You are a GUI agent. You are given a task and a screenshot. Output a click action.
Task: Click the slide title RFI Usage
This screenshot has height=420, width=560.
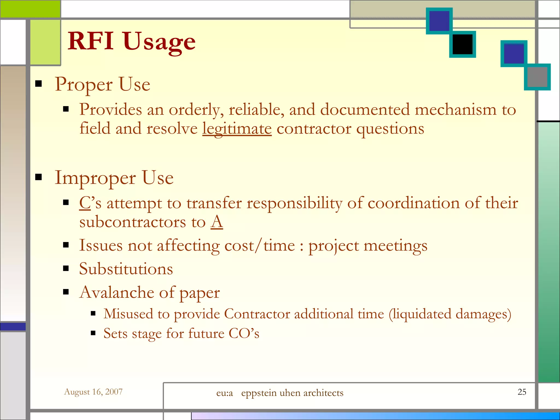pyautogui.click(x=132, y=42)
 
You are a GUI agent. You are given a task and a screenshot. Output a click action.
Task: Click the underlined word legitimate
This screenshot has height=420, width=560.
pyautogui.click(x=237, y=129)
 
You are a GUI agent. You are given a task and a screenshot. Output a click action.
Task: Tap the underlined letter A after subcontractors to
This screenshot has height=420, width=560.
pyautogui.click(x=217, y=222)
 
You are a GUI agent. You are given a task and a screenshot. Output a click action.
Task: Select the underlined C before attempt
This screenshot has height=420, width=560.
pyautogui.click(x=85, y=203)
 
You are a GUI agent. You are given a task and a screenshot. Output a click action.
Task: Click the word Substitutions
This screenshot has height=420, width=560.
pyautogui.click(x=126, y=269)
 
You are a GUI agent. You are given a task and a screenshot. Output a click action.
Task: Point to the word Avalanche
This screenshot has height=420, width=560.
pyautogui.click(x=116, y=292)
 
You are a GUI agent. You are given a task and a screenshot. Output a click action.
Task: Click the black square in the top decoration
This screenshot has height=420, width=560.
pyautogui.click(x=462, y=44)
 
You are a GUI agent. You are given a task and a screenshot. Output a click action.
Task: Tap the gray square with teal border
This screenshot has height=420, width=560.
pyautogui.click(x=537, y=77)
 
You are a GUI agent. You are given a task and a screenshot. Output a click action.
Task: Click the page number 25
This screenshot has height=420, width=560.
pyautogui.click(x=522, y=392)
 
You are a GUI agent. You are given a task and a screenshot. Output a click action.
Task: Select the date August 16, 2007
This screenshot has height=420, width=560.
pyautogui.click(x=93, y=392)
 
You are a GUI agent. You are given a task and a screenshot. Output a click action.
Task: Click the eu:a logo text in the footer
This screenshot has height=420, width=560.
pyautogui.click(x=224, y=393)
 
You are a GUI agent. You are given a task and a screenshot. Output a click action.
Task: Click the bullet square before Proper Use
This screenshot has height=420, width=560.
pyautogui.click(x=39, y=84)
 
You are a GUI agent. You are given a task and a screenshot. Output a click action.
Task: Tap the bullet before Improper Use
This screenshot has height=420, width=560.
pyautogui.click(x=39, y=177)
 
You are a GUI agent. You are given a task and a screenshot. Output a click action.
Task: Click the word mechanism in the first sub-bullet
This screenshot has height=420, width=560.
pyautogui.click(x=455, y=110)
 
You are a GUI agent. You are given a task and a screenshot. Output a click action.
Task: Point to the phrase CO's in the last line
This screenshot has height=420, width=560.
pyautogui.click(x=244, y=333)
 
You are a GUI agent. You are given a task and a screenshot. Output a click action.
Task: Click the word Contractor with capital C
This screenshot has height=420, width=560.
pyautogui.click(x=257, y=314)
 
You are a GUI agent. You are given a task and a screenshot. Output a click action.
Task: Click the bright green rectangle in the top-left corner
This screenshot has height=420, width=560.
pyautogui.click(x=30, y=9)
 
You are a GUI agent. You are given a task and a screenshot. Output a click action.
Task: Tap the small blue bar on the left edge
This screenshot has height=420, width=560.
pyautogui.click(x=13, y=326)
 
